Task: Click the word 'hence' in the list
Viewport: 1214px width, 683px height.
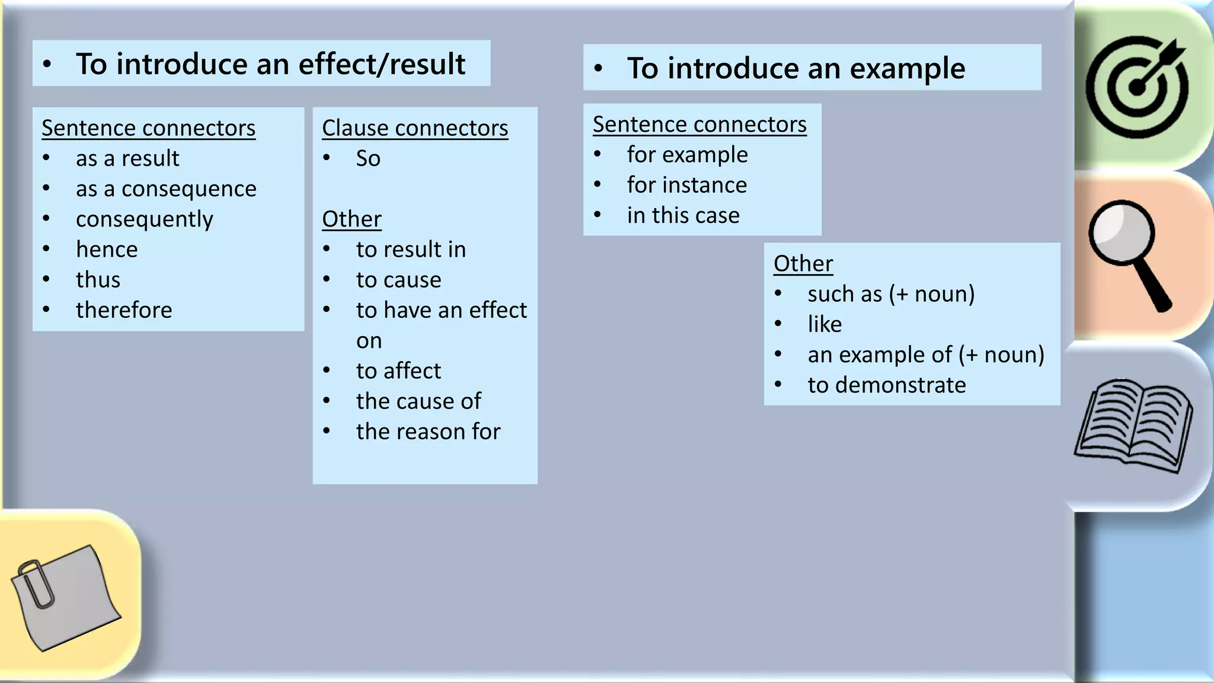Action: pyautogui.click(x=107, y=250)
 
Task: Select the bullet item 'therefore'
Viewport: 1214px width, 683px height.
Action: pyautogui.click(x=124, y=310)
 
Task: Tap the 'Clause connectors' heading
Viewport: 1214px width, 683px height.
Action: pyautogui.click(x=415, y=128)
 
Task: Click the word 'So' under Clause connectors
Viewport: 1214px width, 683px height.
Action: pyautogui.click(x=368, y=158)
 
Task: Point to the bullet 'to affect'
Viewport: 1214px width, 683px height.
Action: pyautogui.click(x=398, y=371)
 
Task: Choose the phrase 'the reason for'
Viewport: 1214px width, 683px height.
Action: pyautogui.click(x=428, y=432)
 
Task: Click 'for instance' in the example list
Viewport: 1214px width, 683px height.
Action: pyautogui.click(x=687, y=185)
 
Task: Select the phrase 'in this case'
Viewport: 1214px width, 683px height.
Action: pyautogui.click(x=683, y=215)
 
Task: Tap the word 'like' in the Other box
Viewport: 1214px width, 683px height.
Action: pyautogui.click(x=825, y=324)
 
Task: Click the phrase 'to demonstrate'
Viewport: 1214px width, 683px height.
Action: pyautogui.click(x=887, y=385)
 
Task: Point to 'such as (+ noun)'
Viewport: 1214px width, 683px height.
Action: pyautogui.click(x=891, y=294)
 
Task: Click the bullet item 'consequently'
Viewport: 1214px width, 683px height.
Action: pyautogui.click(x=144, y=219)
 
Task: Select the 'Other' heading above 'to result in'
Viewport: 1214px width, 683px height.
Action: pyautogui.click(x=352, y=219)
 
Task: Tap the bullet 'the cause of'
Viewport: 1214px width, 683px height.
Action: pyautogui.click(x=418, y=401)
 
